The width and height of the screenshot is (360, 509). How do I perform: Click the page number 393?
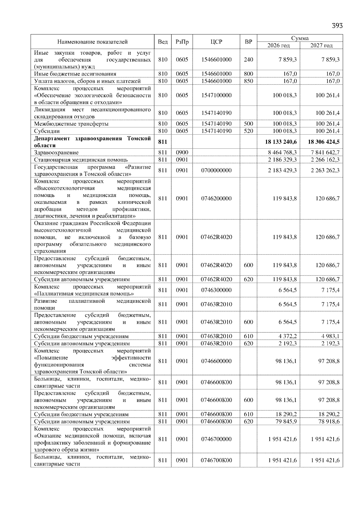pyautogui.click(x=337, y=25)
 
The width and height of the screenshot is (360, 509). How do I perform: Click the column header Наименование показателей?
pyautogui.click(x=92, y=42)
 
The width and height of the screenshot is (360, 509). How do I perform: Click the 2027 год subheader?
pyautogui.click(x=321, y=46)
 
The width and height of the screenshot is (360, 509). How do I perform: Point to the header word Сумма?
pyautogui.click(x=300, y=38)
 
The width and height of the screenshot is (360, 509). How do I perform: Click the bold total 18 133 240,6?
pyautogui.click(x=281, y=142)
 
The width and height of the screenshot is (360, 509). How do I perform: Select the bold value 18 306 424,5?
pyautogui.click(x=324, y=142)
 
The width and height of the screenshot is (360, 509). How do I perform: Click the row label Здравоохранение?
pyautogui.click(x=56, y=153)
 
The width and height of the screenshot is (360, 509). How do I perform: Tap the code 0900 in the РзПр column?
pyautogui.click(x=182, y=153)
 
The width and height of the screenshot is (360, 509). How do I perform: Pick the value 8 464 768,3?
pyautogui.click(x=282, y=153)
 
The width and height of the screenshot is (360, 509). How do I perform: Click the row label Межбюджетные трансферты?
pyautogui.click(x=71, y=124)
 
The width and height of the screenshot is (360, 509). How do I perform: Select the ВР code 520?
pyautogui.click(x=248, y=131)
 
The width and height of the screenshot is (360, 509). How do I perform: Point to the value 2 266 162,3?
pyautogui.click(x=325, y=160)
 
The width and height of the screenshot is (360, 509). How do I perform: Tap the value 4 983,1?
pyautogui.click(x=330, y=336)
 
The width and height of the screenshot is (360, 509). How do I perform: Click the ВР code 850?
pyautogui.click(x=248, y=81)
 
